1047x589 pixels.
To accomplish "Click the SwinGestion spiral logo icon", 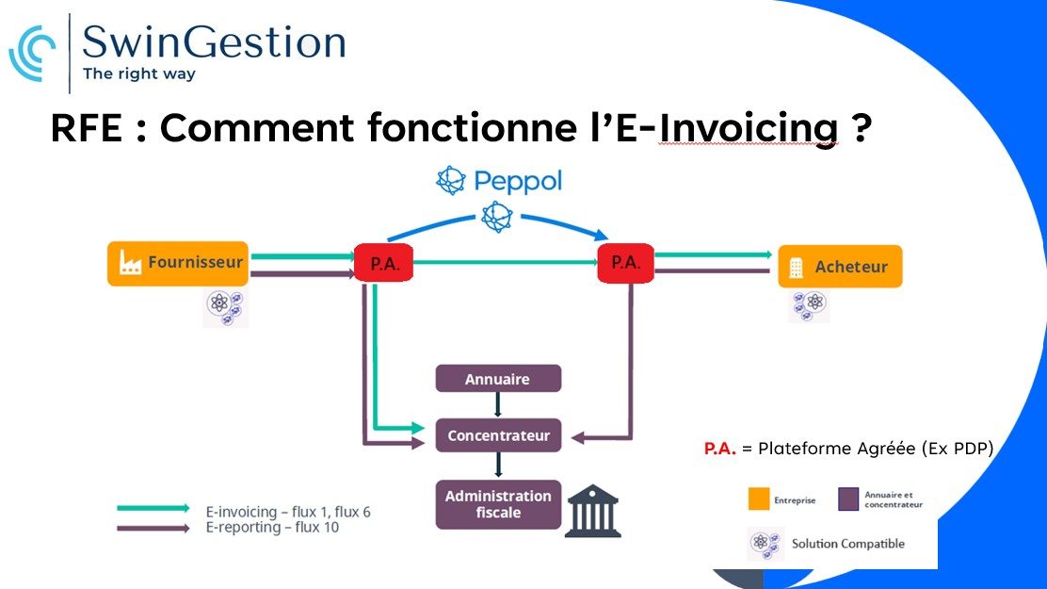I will point(32,54).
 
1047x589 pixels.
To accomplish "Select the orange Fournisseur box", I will point(178,264).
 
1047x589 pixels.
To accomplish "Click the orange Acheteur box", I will point(840,267).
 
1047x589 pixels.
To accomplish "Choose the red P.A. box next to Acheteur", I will point(625,262).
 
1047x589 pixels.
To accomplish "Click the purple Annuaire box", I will point(497,379).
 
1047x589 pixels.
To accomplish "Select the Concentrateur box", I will point(498,435).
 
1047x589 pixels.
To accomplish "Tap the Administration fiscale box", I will point(498,504).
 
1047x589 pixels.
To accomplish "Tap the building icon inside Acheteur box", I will point(797,268).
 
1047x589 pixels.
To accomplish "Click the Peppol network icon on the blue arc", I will point(495,217).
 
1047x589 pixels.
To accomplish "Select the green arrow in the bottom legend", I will point(153,509).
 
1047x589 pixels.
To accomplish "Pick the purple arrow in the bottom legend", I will point(153,529).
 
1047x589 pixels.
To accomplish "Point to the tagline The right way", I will point(139,73).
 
